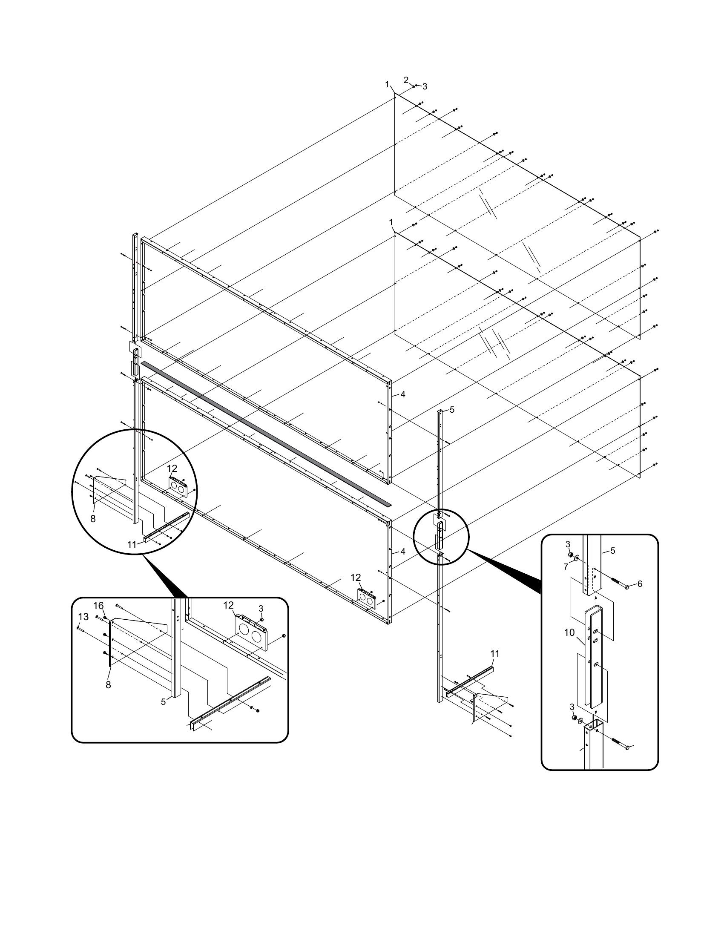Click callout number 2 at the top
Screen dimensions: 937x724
(x=406, y=80)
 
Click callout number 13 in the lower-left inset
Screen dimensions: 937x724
(x=83, y=617)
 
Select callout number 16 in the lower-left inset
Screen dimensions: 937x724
(x=99, y=606)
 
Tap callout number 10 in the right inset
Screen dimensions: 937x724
(x=569, y=633)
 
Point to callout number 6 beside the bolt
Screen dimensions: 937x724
(x=640, y=583)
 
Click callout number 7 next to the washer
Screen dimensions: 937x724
(x=566, y=567)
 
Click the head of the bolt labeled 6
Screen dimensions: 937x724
(x=628, y=586)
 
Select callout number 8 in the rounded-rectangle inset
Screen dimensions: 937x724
(x=108, y=685)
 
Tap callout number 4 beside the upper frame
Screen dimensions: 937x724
(x=402, y=394)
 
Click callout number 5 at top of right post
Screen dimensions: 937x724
(x=451, y=410)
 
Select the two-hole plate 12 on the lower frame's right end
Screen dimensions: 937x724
(x=366, y=597)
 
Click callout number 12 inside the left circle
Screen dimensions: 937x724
(x=172, y=469)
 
